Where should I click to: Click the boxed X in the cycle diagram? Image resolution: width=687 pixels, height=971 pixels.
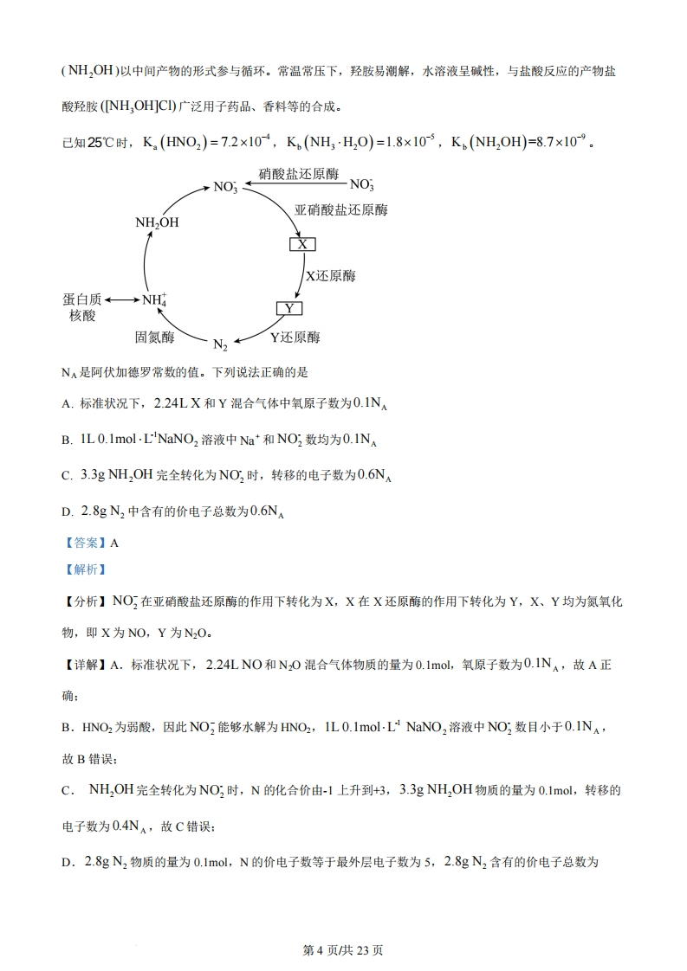pos(301,244)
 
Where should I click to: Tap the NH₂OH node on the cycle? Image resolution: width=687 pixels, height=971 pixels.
pos(157,222)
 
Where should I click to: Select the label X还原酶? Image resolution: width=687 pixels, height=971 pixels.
pos(330,276)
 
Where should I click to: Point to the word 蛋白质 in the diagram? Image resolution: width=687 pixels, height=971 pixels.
pos(81,299)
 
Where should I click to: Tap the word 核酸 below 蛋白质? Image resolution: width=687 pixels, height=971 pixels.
pos(81,316)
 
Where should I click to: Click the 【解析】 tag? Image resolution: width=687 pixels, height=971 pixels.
pos(83,569)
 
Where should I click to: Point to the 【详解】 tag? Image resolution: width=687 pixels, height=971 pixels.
pos(83,665)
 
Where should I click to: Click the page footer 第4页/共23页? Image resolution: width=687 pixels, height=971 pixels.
pos(343,949)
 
